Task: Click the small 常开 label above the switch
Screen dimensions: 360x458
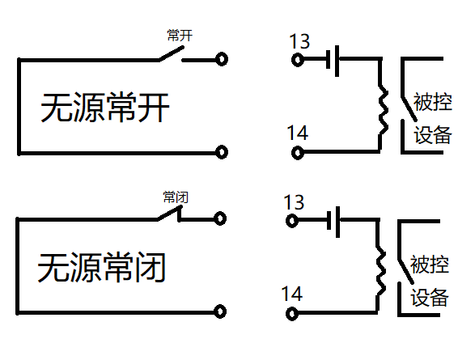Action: click(x=180, y=36)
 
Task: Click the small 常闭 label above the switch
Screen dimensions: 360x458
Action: click(x=176, y=197)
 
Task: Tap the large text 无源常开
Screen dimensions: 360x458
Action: click(x=105, y=108)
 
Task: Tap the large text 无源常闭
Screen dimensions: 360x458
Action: click(x=102, y=268)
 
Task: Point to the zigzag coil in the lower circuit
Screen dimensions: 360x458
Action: click(x=379, y=268)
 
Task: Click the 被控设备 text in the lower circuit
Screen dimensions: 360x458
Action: click(x=429, y=280)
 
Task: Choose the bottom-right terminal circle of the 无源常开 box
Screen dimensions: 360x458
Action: click(x=221, y=151)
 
